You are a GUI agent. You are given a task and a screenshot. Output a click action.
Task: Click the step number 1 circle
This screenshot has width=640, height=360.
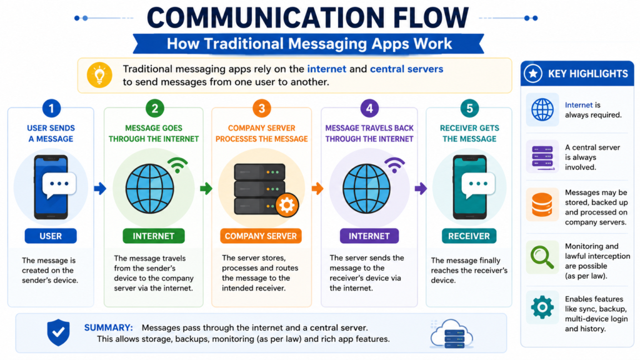click(x=51, y=109)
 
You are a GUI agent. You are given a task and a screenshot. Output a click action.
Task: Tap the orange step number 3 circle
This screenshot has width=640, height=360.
click(x=262, y=109)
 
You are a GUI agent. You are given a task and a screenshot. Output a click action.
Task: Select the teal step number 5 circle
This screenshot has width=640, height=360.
click(x=469, y=109)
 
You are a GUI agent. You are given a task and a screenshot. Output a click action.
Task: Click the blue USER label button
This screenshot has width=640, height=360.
click(x=51, y=236)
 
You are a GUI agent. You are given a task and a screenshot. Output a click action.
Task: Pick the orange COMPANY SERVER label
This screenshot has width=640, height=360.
click(x=261, y=236)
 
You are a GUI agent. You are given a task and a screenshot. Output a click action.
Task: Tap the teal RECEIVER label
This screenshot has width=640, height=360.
click(x=469, y=236)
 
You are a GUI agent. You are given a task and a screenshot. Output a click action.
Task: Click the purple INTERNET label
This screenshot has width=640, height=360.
click(x=369, y=236)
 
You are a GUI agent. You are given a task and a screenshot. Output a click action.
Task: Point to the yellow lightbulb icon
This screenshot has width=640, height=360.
click(x=99, y=75)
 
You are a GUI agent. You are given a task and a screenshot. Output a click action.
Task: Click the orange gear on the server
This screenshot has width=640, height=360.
click(x=287, y=205)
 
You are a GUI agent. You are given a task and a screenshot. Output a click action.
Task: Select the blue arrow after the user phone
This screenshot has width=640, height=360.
click(x=100, y=189)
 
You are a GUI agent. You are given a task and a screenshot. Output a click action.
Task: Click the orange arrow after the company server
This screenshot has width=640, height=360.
click(x=317, y=189)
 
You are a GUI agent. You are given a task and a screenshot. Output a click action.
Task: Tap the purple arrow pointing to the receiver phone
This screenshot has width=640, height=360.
click(x=421, y=189)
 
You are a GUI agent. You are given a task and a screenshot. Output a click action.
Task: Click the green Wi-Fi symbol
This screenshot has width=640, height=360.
click(x=177, y=165)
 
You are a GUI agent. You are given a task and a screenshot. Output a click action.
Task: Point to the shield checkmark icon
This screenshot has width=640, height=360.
click(x=58, y=332)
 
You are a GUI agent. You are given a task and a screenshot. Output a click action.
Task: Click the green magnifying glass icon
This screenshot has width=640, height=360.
click(x=542, y=257)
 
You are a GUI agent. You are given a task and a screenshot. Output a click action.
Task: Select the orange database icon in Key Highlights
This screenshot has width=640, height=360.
click(x=542, y=205)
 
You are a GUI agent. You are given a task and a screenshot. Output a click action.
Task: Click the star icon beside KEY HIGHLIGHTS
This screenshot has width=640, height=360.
click(x=533, y=74)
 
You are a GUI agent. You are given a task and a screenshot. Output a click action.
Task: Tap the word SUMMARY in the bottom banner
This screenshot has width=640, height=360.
click(x=109, y=327)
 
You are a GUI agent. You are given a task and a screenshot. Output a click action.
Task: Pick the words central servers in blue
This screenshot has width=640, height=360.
click(x=406, y=69)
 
